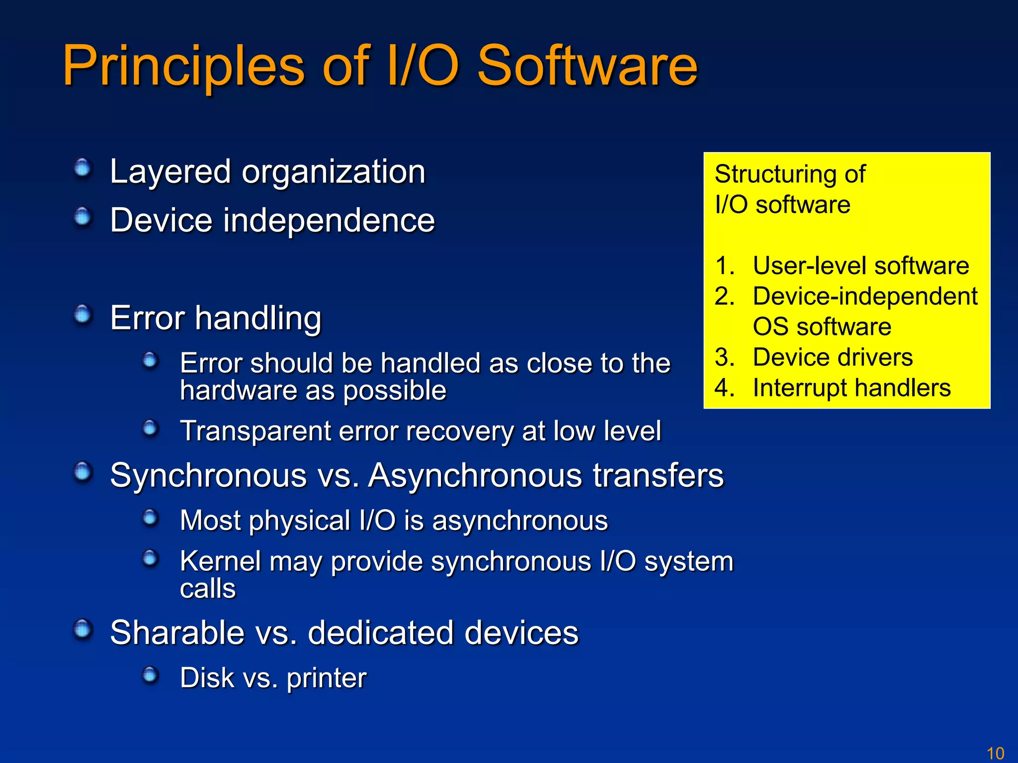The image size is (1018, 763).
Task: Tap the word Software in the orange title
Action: coord(587,66)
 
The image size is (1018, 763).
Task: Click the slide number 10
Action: coord(995,753)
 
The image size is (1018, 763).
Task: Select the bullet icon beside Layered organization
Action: coord(83,168)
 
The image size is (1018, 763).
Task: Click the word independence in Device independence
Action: coord(329,220)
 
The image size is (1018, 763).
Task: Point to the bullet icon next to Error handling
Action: coord(83,314)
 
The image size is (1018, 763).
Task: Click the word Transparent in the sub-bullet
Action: coord(255,431)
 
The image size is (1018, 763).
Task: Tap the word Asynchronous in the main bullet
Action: coord(475,475)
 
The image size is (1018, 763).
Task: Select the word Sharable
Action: coord(177,633)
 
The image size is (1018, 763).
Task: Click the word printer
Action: coord(327,678)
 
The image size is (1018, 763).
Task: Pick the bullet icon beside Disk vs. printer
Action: coord(150,675)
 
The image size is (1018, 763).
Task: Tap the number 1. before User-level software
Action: coord(724,266)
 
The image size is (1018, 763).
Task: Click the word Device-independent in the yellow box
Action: coord(865,297)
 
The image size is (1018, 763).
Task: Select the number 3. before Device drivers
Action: coord(724,357)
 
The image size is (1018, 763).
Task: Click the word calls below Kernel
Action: coord(207,589)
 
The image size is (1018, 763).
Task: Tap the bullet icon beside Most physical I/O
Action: coord(150,518)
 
